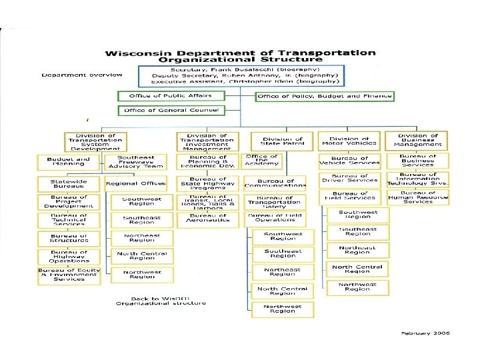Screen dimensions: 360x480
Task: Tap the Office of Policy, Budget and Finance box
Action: click(x=325, y=96)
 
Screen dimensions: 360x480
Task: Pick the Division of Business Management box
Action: click(x=417, y=140)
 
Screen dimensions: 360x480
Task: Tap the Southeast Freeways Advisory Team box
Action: click(x=136, y=162)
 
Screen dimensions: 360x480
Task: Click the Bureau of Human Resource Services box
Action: click(x=418, y=197)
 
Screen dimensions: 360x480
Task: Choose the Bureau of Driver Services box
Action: click(x=354, y=179)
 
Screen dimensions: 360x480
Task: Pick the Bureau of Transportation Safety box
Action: click(x=275, y=202)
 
